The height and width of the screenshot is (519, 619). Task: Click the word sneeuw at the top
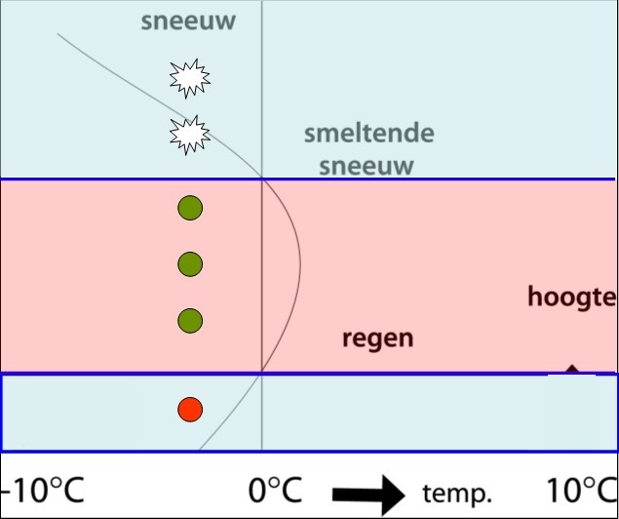coord(188,21)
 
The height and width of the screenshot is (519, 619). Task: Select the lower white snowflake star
coord(190,134)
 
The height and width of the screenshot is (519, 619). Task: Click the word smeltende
coord(368,134)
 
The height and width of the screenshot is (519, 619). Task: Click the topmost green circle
coord(190,207)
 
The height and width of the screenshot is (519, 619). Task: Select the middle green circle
coord(190,263)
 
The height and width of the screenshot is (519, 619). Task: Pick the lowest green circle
coord(190,320)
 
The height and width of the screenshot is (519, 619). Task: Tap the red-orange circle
coord(190,410)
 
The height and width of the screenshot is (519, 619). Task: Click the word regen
coord(377,339)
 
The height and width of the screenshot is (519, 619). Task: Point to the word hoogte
coord(572,297)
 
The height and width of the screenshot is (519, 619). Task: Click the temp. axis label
coord(456,493)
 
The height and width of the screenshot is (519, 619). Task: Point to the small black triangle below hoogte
coord(572,369)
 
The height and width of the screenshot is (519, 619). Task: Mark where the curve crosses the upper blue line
coord(262,179)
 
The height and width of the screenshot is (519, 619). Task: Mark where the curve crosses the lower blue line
coord(261,374)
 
